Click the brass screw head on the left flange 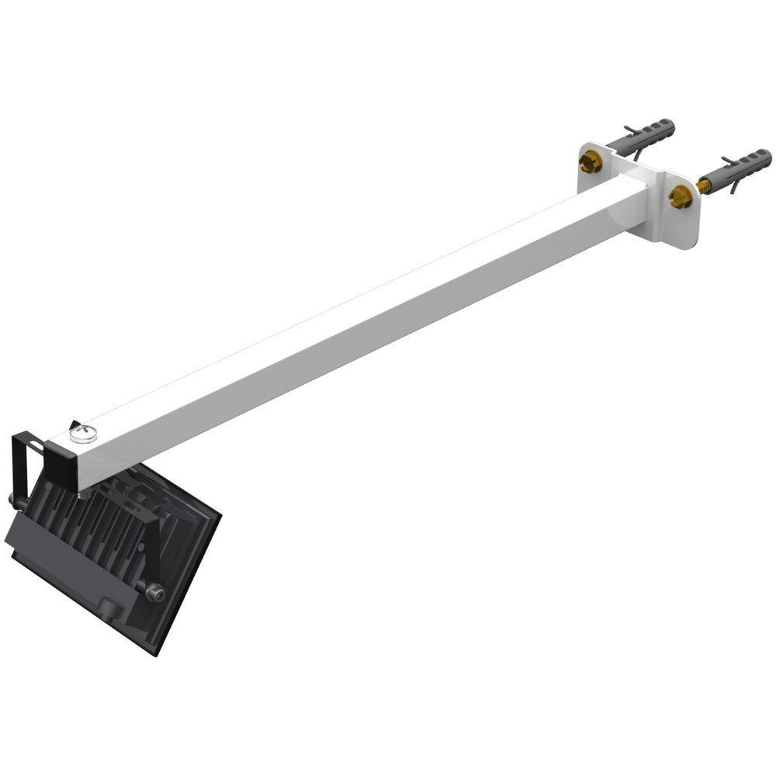[591, 162]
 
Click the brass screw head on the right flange [681, 197]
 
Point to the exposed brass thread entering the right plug [705, 185]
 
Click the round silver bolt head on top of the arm [82, 433]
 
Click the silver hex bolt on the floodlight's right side [154, 594]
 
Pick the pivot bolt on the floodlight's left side [15, 501]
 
